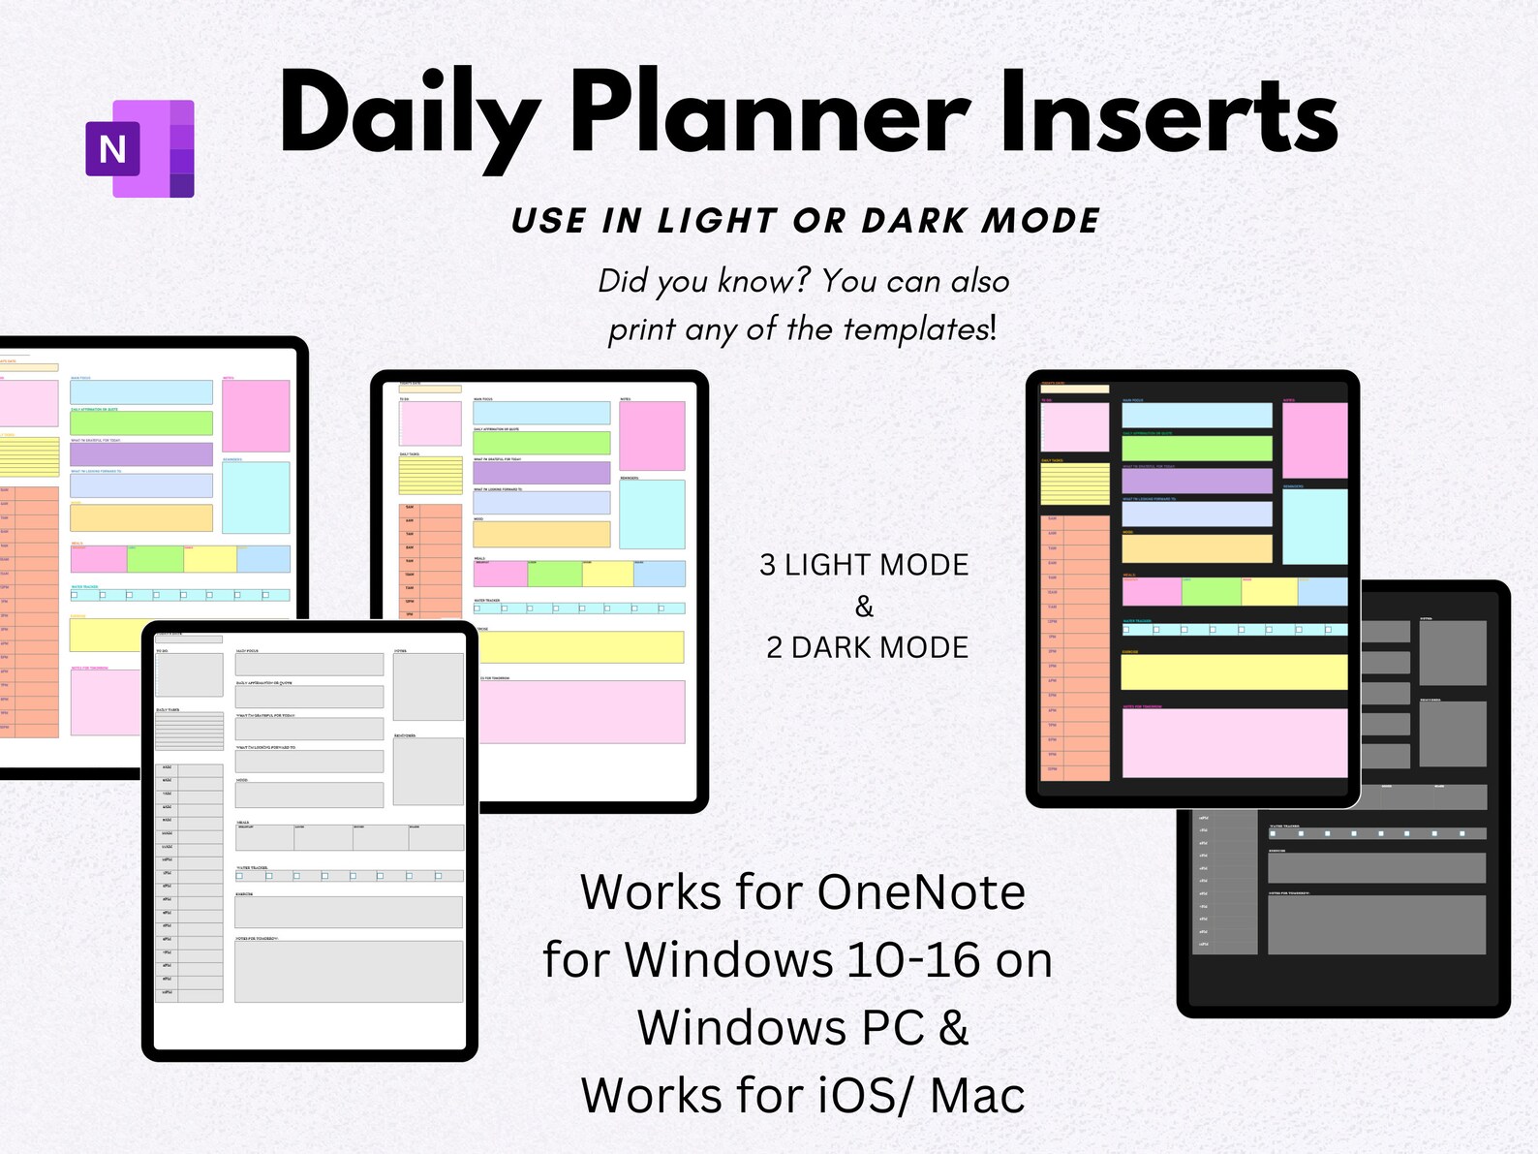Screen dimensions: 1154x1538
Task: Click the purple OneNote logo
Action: (140, 148)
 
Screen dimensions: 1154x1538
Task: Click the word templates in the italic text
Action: (915, 329)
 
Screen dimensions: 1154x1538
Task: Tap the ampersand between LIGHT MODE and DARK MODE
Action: (864, 607)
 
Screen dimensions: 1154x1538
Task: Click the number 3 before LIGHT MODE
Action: (768, 565)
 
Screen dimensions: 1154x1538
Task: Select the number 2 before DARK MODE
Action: (775, 647)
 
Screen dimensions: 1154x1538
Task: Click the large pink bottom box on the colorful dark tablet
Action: (1234, 742)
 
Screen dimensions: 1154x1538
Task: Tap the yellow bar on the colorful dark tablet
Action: (1234, 671)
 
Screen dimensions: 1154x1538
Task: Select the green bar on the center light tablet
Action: (540, 443)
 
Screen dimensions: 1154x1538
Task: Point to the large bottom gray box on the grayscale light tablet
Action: (348, 971)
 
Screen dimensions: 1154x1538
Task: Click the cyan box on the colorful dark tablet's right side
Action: (1314, 526)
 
